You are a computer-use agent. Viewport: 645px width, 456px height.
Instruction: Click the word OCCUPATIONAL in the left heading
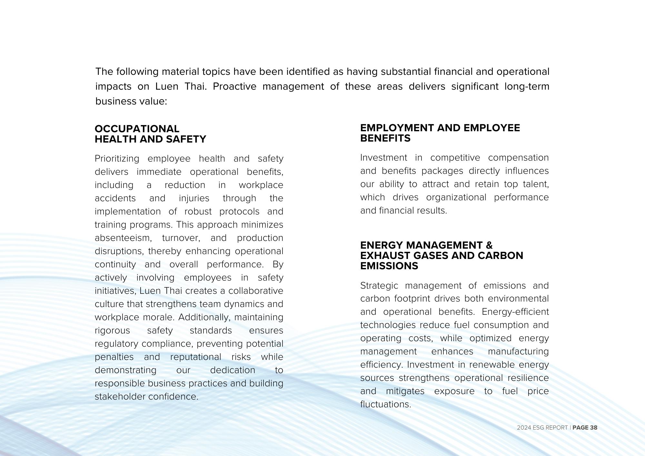click(x=137, y=129)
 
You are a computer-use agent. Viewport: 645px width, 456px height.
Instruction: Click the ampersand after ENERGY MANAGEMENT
click(x=489, y=245)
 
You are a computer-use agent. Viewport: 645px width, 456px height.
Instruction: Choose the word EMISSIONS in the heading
click(x=389, y=266)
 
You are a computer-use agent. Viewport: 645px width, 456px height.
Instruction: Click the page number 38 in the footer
click(x=593, y=428)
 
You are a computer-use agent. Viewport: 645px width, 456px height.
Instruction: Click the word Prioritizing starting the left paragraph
click(x=117, y=159)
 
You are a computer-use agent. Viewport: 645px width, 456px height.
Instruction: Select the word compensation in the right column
click(x=518, y=158)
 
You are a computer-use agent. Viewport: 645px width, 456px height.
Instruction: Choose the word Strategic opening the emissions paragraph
click(x=379, y=286)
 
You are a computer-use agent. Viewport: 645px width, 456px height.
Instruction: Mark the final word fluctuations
click(x=385, y=404)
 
